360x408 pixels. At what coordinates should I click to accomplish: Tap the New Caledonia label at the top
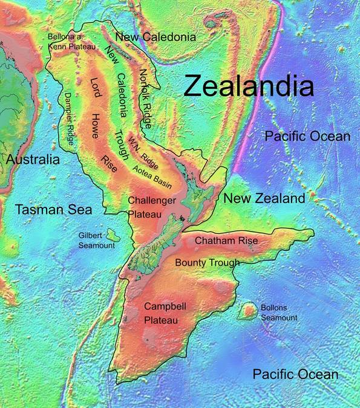pos(155,37)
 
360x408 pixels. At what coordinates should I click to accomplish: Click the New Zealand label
pos(264,198)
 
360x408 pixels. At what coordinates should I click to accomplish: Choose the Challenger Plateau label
pos(152,206)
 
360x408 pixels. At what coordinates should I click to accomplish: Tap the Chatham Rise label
pos(226,241)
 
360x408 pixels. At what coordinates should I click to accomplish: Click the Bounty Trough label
pos(207,262)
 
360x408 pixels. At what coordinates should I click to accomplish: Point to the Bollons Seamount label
pos(279,312)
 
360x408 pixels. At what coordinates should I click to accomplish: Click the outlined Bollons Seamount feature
pos(246,311)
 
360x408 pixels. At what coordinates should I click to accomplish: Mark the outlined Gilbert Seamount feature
pos(111,233)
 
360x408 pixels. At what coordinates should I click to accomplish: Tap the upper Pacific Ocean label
pos(307,136)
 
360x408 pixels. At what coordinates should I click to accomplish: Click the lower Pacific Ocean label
pos(295,374)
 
